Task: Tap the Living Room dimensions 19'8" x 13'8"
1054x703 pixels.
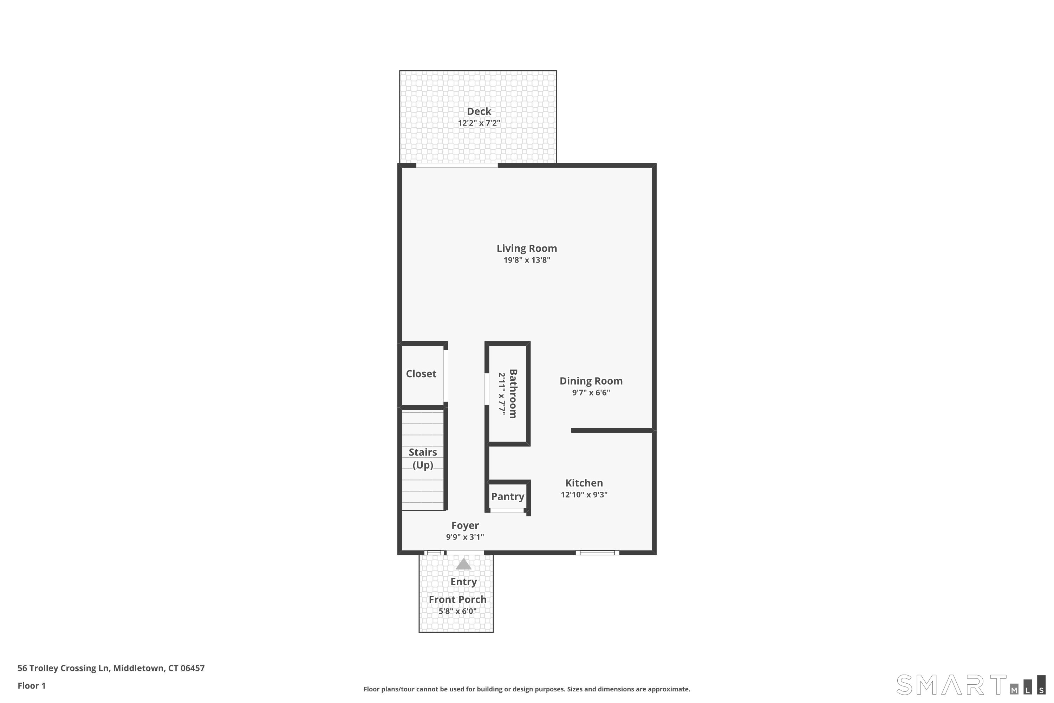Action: click(527, 260)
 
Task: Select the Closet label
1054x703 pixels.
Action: click(421, 373)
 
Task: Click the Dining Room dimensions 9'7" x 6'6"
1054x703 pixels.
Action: click(591, 393)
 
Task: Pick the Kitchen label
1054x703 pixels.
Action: click(584, 483)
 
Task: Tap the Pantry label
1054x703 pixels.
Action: click(507, 496)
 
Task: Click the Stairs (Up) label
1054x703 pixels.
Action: click(423, 458)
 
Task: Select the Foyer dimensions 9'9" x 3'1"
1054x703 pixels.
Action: click(465, 537)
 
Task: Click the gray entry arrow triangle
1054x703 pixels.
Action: click(463, 565)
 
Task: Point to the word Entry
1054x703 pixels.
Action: click(463, 581)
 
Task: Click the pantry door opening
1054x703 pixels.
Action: click(507, 510)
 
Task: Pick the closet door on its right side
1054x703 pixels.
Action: click(446, 376)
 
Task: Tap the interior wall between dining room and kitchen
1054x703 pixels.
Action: click(612, 430)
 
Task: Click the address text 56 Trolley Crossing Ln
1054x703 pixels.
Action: click(63, 669)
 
